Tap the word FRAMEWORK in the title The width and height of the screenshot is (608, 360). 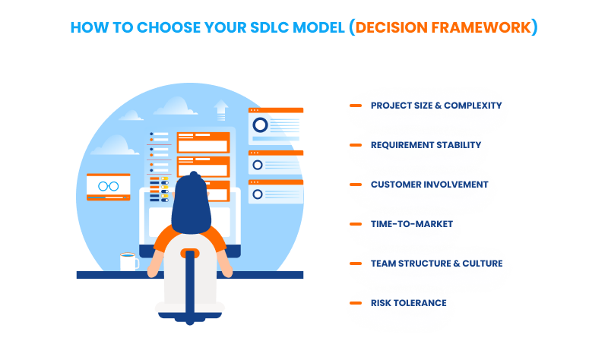pos(485,27)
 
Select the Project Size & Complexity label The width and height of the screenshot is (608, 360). pos(435,106)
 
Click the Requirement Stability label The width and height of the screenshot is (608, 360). pos(426,145)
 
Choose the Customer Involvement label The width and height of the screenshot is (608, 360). pos(429,185)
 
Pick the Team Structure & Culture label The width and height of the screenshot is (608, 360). pos(436,264)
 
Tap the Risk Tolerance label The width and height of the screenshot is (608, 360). pos(408,303)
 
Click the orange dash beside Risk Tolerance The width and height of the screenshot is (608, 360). pos(355,303)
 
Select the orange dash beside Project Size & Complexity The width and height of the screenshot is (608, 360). pos(355,106)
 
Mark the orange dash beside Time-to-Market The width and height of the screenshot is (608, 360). pos(355,224)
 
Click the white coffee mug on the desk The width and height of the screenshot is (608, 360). pos(128,261)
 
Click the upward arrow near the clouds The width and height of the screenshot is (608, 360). pos(221,109)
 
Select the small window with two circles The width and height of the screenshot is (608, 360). pos(108,187)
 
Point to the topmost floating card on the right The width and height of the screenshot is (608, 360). pos(276,125)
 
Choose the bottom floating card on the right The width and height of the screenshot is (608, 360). pos(276,191)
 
